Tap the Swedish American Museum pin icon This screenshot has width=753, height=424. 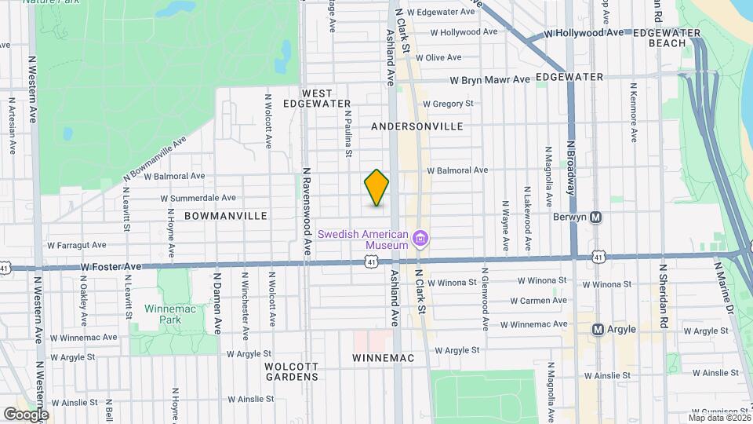click(x=420, y=237)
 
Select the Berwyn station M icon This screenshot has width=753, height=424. click(x=595, y=217)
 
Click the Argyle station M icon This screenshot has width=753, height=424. click(x=598, y=330)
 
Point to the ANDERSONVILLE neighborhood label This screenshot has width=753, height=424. click(x=417, y=126)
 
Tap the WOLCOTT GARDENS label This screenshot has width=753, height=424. click(x=291, y=371)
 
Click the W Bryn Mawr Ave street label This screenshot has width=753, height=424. click(x=489, y=80)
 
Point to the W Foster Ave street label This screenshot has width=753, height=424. click(x=111, y=267)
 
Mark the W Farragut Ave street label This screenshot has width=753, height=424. click(x=76, y=246)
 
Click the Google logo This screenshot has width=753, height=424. click(x=26, y=414)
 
